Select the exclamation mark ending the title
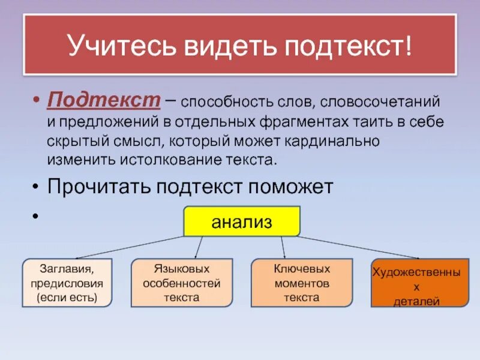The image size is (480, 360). click(x=409, y=47)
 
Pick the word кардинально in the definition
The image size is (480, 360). click(x=336, y=141)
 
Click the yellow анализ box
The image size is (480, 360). click(x=241, y=221)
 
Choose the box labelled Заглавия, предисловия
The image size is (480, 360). click(x=67, y=283)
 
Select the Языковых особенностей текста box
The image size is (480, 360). click(x=182, y=283)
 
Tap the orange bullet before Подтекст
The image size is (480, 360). click(x=35, y=100)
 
